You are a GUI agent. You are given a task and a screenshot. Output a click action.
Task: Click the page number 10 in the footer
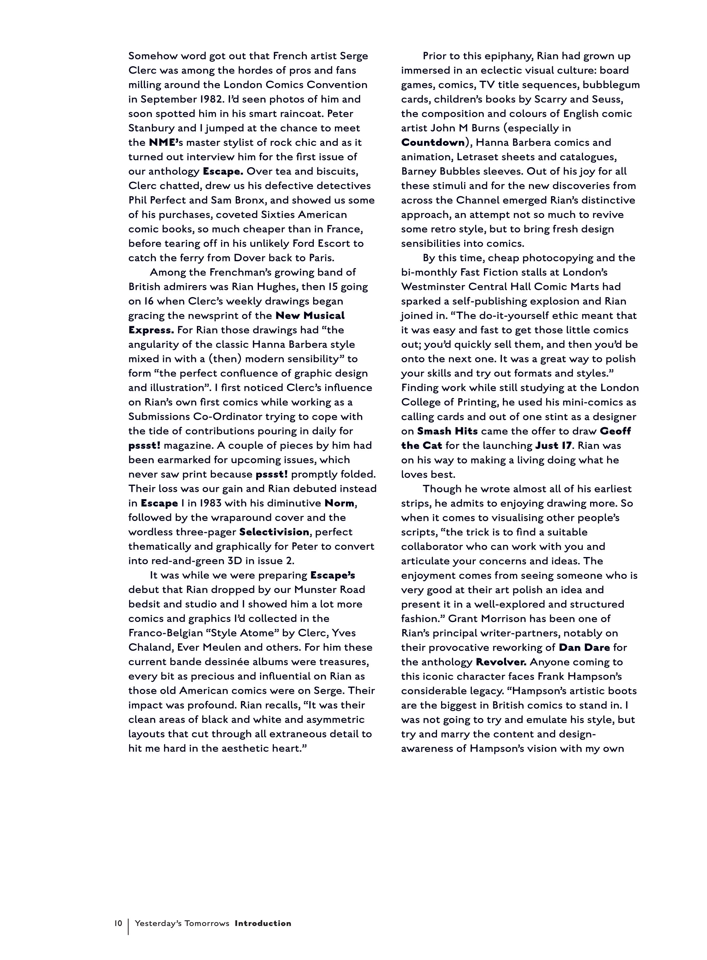(x=118, y=923)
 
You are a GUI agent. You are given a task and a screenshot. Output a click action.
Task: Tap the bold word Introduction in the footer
(x=263, y=923)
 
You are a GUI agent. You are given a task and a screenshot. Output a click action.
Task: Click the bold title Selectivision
(x=274, y=532)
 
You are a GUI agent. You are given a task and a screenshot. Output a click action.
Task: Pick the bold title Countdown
(x=433, y=142)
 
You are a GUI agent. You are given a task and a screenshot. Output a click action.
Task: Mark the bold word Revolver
(x=501, y=662)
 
